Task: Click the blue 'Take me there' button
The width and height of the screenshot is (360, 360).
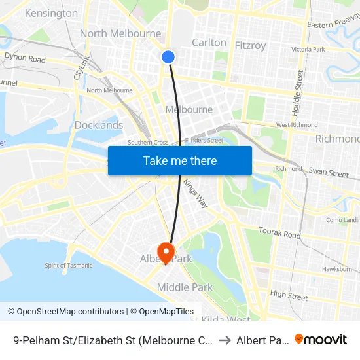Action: coord(180,160)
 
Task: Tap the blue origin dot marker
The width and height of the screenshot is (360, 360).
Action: coord(168,57)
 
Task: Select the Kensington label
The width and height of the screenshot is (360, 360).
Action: coord(51,13)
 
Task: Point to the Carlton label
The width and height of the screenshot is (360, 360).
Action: coord(209,43)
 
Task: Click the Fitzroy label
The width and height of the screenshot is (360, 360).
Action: coord(250,46)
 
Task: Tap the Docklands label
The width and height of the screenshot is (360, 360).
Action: coord(99,125)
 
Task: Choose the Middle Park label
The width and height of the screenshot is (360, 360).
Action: coord(185,287)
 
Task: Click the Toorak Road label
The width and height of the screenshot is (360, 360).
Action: coord(279,234)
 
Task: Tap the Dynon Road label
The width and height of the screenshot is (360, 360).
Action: coord(25,58)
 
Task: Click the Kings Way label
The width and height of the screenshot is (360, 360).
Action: coord(195,193)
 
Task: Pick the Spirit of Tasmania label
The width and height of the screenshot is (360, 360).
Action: coord(68,265)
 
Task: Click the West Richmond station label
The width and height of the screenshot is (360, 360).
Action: coord(297,125)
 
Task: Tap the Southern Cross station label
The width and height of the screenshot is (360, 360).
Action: coord(148,142)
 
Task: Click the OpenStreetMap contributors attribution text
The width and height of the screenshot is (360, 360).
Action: coord(70,312)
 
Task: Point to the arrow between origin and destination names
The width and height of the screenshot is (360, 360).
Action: coord(224,340)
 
